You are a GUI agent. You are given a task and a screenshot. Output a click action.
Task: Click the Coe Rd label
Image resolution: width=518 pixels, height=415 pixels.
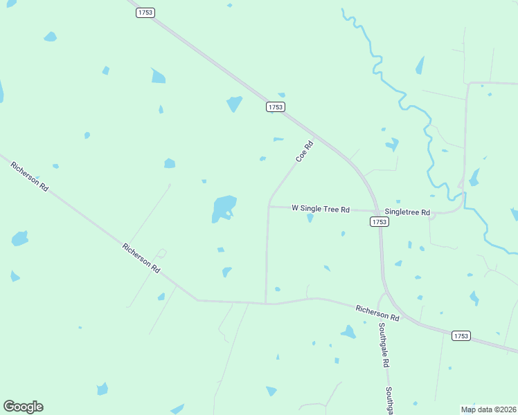305,151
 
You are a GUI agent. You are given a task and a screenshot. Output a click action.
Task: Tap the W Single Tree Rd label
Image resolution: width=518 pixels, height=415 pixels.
321,208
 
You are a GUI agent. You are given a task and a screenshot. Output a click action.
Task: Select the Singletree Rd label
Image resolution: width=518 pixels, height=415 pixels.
407,212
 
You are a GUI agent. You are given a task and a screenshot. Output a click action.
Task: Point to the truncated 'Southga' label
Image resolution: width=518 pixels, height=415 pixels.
390,400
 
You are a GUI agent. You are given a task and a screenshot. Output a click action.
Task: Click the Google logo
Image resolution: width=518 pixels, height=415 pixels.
23,407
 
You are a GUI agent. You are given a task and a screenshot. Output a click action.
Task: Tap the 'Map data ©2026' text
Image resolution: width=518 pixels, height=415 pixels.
488,409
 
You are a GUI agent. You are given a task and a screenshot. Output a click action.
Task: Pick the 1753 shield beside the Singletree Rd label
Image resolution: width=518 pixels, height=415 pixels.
379,222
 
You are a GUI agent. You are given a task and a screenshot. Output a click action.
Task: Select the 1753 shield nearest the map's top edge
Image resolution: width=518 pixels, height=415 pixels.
145,13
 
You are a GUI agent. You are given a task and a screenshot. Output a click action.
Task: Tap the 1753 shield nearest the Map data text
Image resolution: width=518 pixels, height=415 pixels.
461,336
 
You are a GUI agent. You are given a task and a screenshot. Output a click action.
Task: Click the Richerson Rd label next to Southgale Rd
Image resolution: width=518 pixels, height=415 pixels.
377,313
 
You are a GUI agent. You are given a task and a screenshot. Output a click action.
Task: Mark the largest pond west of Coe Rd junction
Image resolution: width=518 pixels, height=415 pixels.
224,208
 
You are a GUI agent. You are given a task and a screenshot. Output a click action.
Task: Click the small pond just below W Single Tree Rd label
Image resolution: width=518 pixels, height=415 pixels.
310,218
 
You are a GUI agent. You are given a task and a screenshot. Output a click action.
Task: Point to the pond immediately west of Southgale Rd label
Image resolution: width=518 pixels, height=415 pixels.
348,332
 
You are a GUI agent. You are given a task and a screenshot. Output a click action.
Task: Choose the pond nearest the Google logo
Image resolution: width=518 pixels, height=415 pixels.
102,389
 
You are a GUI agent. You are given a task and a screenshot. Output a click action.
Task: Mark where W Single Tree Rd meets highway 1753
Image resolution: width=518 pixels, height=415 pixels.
377,211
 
